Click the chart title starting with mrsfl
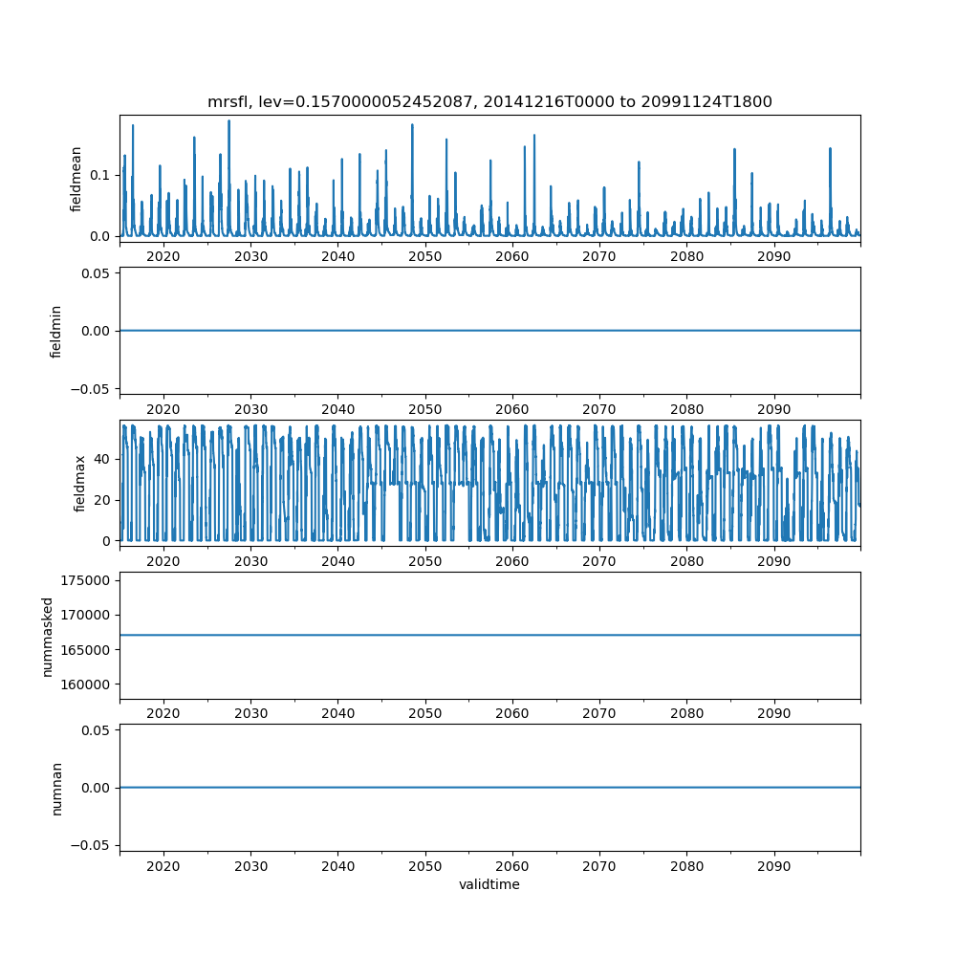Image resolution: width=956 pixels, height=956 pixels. (x=489, y=101)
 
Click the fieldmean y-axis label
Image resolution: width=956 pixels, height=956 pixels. (x=76, y=179)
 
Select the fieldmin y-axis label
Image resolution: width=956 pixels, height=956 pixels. (x=56, y=331)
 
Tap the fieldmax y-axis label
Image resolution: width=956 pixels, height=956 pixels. (x=80, y=483)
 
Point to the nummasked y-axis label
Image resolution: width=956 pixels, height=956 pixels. (x=47, y=635)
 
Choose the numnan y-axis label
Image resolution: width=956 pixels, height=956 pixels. (x=56, y=787)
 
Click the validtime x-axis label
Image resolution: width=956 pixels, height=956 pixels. (x=489, y=884)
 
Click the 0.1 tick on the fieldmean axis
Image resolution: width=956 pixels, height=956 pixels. (x=99, y=175)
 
